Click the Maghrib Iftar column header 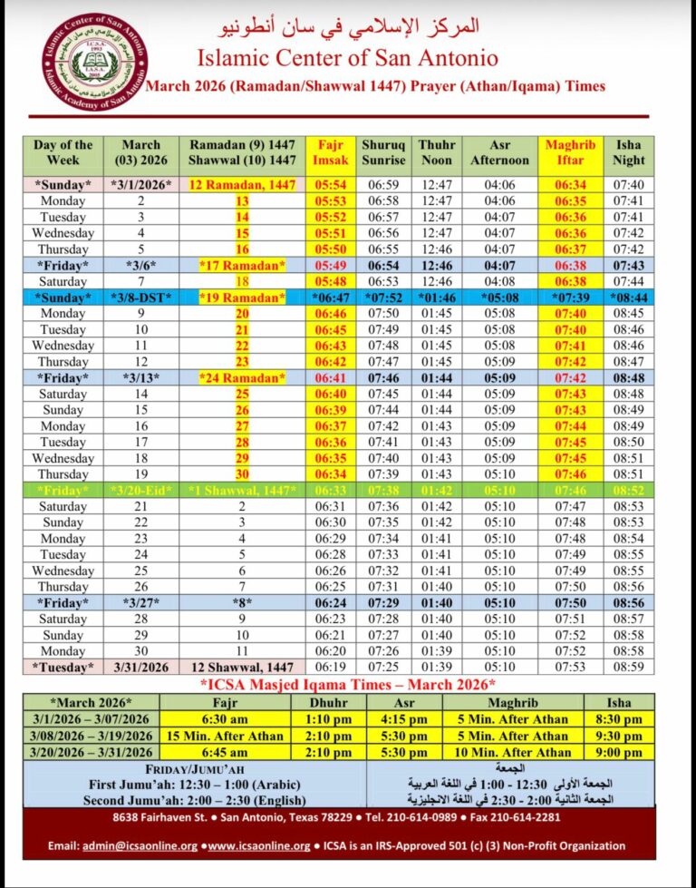563,151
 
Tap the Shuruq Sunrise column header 383,151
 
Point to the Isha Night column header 628,151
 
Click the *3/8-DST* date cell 140,298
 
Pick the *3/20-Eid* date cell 140,489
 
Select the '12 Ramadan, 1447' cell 242,184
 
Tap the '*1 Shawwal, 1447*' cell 242,489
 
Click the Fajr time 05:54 328,184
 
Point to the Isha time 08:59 628,667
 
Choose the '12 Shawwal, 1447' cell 242,667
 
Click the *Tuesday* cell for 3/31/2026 63,667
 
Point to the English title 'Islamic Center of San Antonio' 349,57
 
